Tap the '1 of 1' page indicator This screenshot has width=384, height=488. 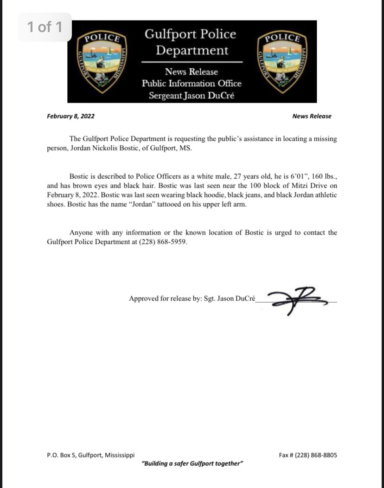point(45,27)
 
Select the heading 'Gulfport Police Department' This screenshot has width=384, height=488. point(191,42)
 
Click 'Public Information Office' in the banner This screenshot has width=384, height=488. point(192,84)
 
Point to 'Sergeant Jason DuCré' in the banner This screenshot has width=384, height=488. point(192,96)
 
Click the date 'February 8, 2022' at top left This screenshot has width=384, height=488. point(70,116)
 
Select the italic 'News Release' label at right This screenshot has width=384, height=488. point(312,116)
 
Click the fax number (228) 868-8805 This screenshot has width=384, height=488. point(320,455)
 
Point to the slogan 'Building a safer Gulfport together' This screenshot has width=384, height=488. point(192,464)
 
